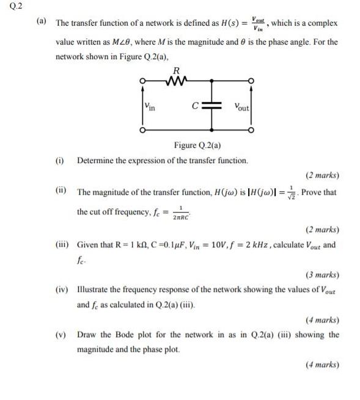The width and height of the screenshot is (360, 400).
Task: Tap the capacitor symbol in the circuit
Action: click(209, 106)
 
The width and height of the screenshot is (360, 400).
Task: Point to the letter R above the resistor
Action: click(177, 70)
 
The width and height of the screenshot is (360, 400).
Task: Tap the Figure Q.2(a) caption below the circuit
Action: click(197, 145)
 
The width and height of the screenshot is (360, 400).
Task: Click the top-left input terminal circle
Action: click(142, 81)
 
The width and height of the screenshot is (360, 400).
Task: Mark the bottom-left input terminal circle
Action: click(142, 130)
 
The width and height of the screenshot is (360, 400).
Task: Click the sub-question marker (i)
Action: click(60, 160)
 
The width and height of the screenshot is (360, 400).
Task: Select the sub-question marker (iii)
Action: click(62, 244)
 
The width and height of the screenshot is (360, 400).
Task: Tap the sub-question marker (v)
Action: click(61, 335)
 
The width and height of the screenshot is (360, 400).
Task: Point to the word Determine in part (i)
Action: click(97, 161)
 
